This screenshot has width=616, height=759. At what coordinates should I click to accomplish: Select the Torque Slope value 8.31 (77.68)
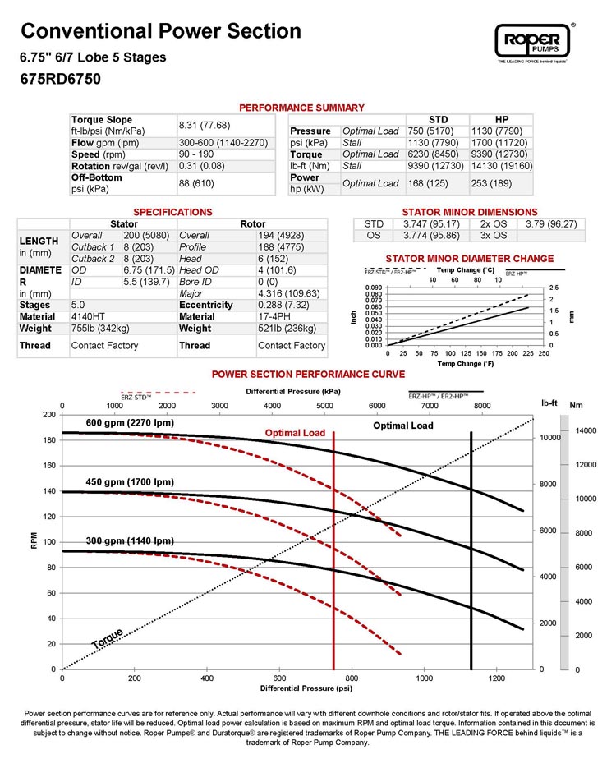205,125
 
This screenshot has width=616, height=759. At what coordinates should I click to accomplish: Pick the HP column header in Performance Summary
502,119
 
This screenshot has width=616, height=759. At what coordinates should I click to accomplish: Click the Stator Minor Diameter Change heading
457,259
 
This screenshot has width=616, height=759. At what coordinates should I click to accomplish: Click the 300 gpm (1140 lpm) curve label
130,541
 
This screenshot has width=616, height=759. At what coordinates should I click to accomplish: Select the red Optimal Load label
295,433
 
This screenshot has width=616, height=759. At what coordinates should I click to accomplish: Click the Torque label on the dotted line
107,638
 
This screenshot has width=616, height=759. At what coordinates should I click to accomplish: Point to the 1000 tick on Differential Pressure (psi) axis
425,678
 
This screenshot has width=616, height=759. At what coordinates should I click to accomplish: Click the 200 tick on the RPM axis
48,415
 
